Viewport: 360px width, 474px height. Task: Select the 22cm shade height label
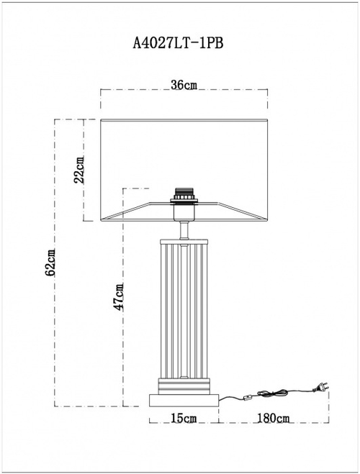point(80,170)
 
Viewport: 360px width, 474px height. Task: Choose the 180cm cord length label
point(274,418)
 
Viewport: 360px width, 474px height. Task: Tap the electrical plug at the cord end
point(320,388)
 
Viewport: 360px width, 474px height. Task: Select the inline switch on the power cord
point(248,396)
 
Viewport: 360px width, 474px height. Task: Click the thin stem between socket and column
point(185,227)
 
